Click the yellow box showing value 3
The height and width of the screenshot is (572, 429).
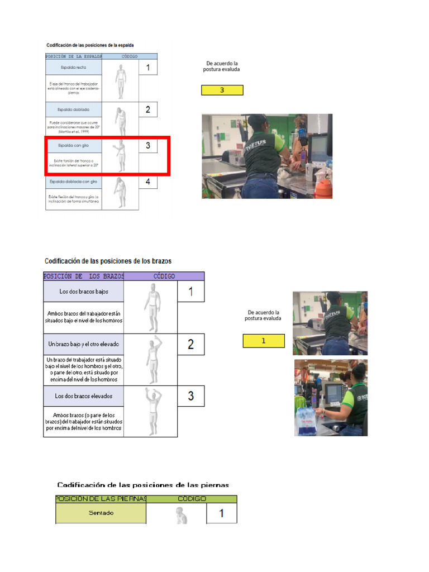[222, 90]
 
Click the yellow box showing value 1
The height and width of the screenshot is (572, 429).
[264, 341]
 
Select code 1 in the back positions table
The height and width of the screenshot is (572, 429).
[148, 68]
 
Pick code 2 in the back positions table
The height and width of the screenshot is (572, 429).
[148, 110]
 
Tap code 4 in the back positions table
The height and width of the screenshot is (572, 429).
[148, 182]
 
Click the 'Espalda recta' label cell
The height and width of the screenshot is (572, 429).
[74, 68]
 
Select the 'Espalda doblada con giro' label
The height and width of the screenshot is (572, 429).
[74, 182]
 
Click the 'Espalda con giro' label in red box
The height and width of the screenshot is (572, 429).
[74, 145]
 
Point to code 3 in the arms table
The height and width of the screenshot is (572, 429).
[191, 396]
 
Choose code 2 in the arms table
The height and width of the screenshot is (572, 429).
[191, 344]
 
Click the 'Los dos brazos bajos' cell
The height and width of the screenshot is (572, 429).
[84, 292]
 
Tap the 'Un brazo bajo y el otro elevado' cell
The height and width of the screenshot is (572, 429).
[84, 344]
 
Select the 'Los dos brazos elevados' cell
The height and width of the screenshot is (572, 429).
[84, 396]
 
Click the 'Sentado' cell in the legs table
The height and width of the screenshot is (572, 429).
[101, 513]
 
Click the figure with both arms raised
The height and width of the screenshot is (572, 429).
[150, 411]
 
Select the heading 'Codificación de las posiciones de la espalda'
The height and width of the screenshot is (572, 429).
[90, 45]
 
